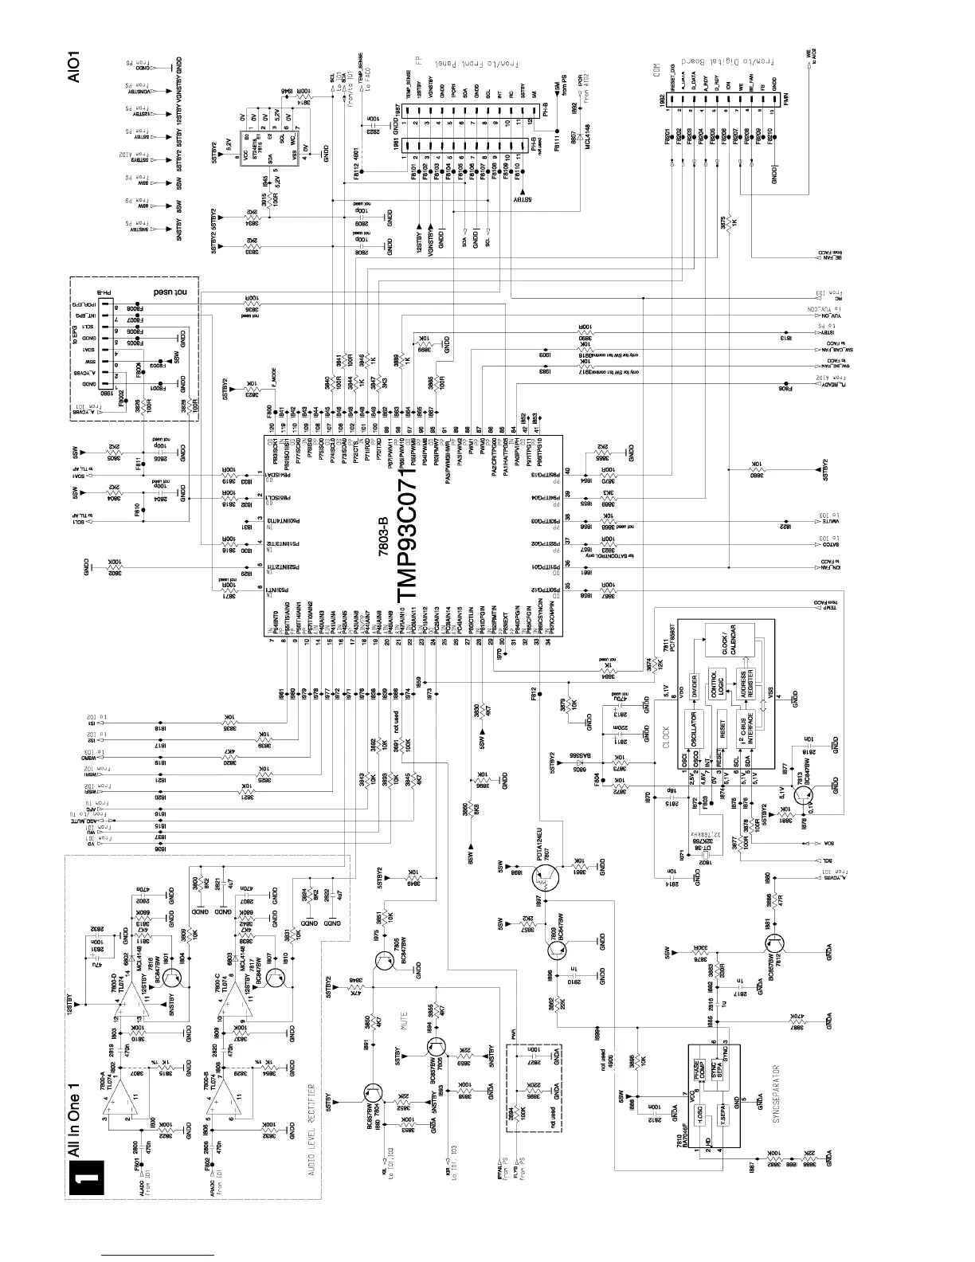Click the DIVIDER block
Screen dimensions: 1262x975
click(x=695, y=682)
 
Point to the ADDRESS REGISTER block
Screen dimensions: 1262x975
click(x=747, y=684)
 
